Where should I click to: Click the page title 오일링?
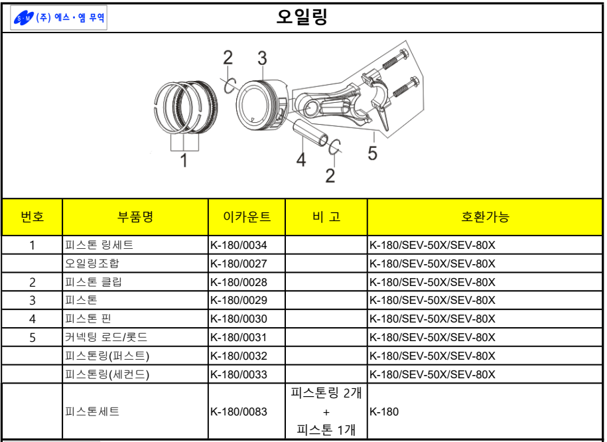coord(303,17)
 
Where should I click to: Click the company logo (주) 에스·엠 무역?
coord(60,18)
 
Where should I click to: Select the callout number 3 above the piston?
coord(262,58)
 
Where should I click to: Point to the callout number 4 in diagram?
coord(301,159)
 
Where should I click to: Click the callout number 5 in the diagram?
coord(372,153)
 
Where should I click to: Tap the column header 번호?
coord(33,216)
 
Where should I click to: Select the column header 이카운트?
coord(247,216)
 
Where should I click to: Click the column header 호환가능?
coord(485,216)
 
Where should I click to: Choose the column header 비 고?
coord(326,216)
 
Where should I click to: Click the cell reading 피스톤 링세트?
coord(99,245)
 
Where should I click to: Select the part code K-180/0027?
coord(238,263)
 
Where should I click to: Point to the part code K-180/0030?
coord(238,319)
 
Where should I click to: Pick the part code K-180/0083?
coord(238,411)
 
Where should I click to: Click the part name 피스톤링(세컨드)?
coord(107,374)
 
